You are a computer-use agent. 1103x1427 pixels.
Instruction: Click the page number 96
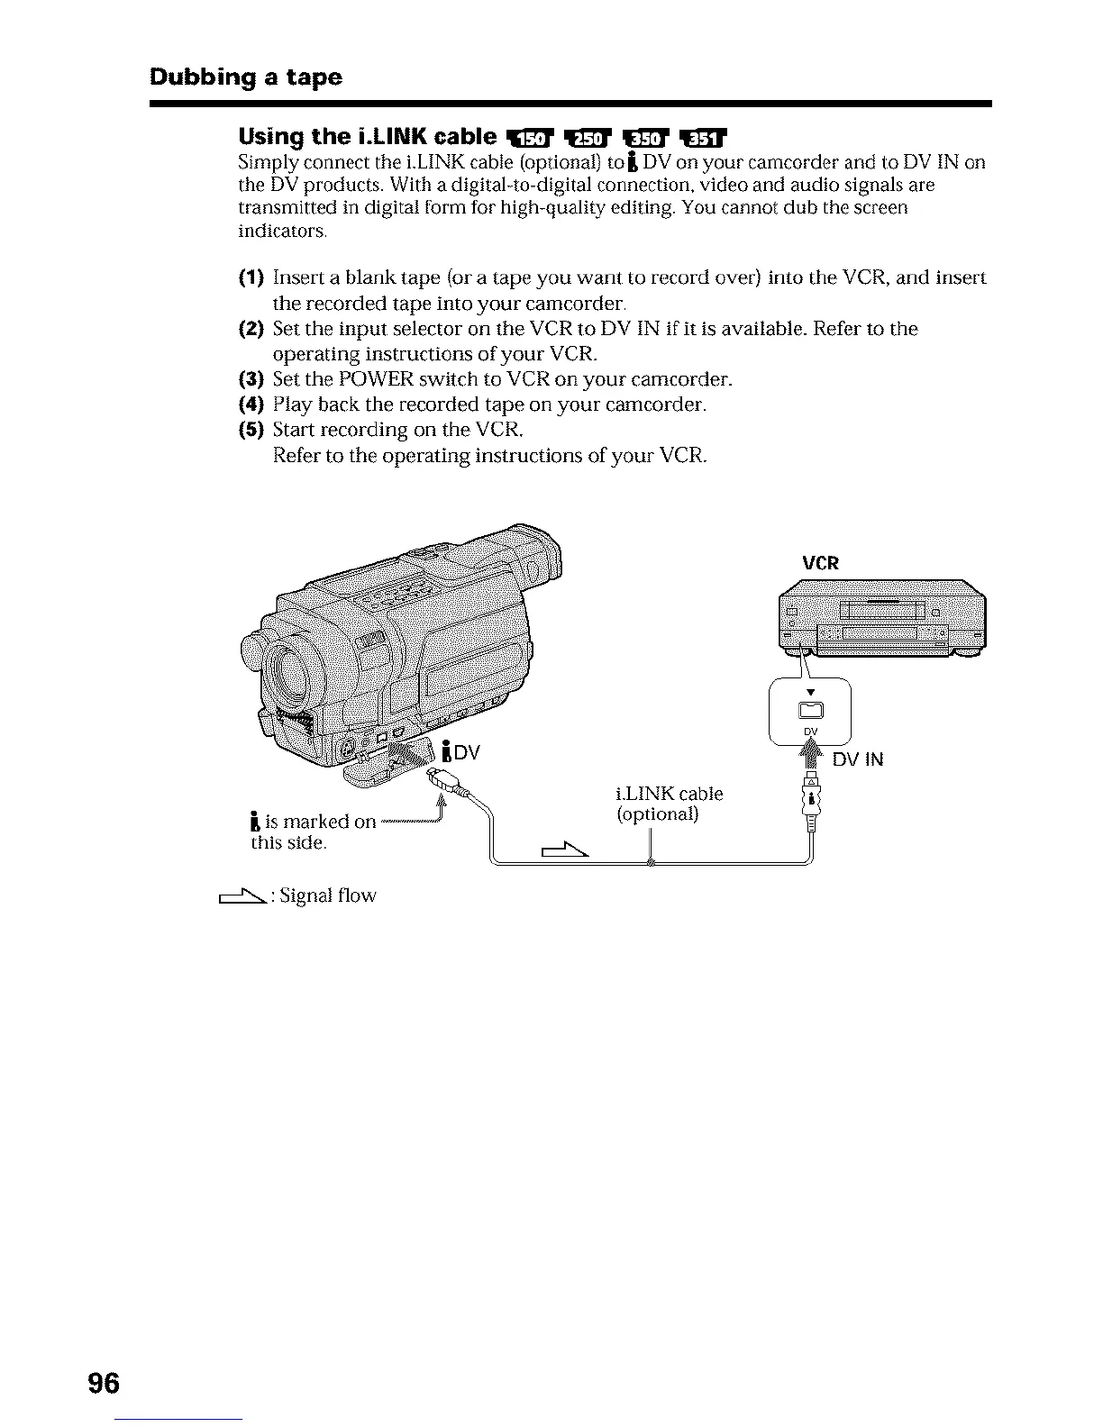tap(104, 1383)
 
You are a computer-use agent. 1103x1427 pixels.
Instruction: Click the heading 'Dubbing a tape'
tap(246, 77)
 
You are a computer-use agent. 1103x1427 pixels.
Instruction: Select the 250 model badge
tap(588, 138)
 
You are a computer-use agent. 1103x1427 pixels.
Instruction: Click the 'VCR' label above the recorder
tap(820, 564)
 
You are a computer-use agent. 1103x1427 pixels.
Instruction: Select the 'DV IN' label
tap(857, 759)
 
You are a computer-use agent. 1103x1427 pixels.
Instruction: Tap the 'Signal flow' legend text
tap(328, 895)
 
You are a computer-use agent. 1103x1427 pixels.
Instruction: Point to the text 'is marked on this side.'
tap(311, 832)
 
